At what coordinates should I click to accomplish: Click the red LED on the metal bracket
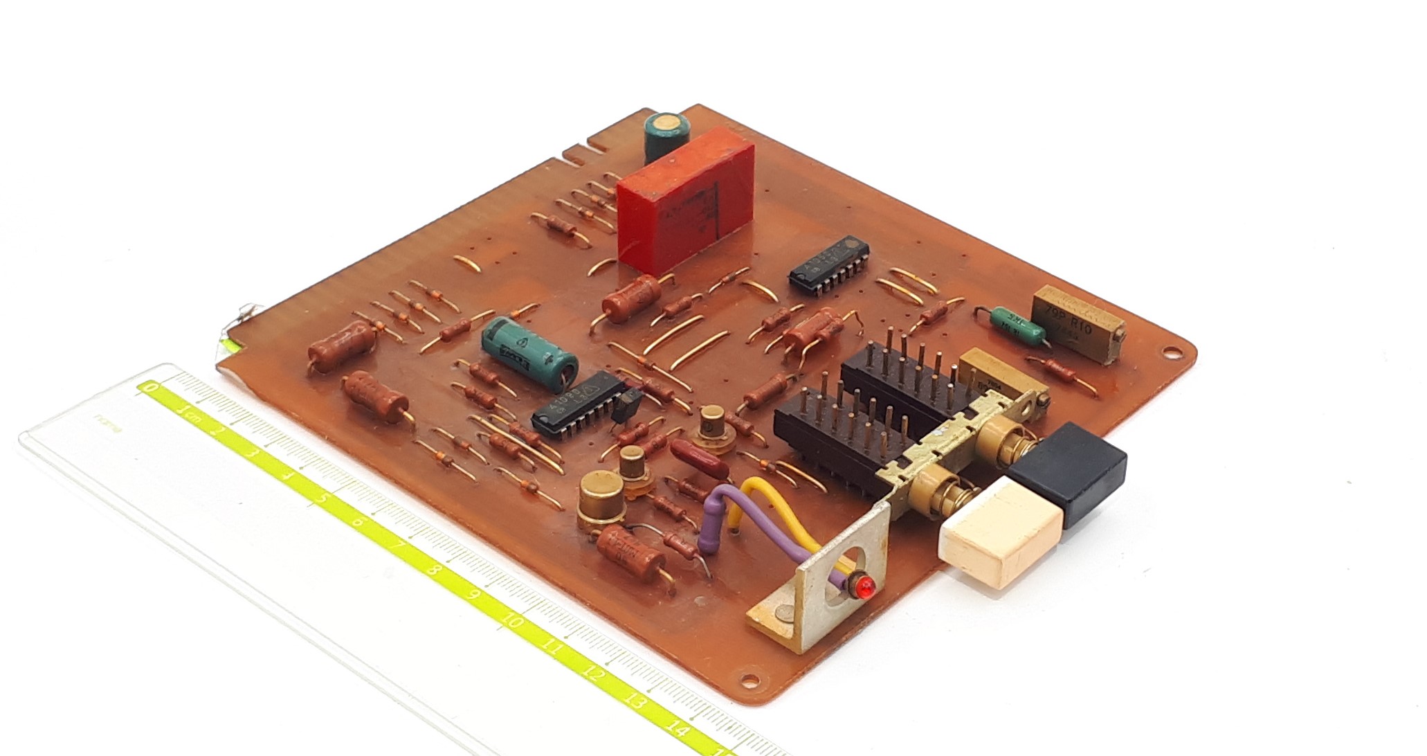coord(863,589)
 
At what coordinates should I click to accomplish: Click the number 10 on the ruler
coord(513,622)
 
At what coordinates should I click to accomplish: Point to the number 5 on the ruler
coord(320,498)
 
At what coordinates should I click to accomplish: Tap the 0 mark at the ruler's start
coord(149,388)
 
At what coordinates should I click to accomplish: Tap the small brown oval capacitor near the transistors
coord(698,461)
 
